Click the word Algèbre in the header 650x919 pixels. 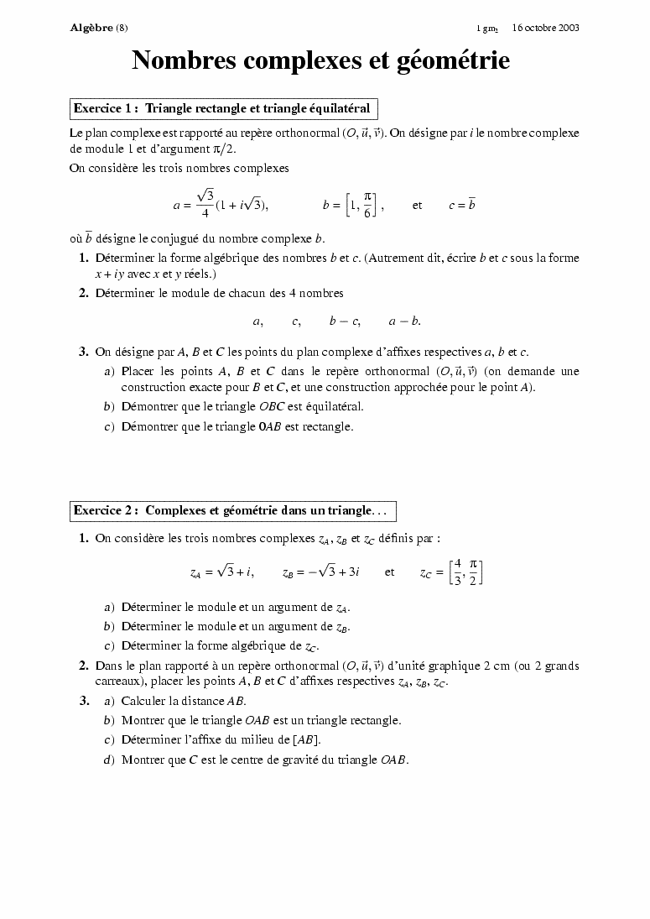[91, 28]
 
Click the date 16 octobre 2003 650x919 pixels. [546, 28]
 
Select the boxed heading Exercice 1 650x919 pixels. [221, 108]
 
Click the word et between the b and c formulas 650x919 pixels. [417, 205]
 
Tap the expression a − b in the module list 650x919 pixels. [404, 321]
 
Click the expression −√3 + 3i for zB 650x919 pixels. [333, 572]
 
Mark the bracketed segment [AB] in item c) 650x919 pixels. [305, 740]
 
